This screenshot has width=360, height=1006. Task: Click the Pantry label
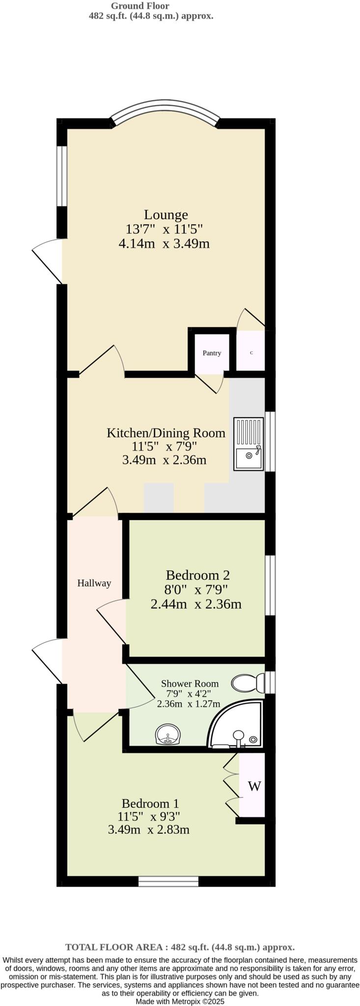point(212,353)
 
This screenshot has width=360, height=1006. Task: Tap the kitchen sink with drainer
point(249,444)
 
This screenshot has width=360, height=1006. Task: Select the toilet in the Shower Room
point(248,683)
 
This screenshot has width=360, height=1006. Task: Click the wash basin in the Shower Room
point(168,735)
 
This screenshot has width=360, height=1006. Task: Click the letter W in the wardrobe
point(254,786)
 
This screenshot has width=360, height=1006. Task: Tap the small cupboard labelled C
point(251,353)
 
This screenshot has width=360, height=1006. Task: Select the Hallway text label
point(94,583)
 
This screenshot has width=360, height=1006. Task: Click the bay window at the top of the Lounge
point(166,110)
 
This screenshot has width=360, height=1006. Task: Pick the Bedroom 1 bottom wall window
point(168,881)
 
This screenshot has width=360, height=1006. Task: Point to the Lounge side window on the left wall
point(61,176)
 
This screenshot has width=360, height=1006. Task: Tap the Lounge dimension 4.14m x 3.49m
point(164,243)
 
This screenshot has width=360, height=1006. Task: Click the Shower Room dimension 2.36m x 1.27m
point(189,704)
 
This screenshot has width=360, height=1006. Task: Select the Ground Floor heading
point(140,6)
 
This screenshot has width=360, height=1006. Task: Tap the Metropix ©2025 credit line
point(180,1001)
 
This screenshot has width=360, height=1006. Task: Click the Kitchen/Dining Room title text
point(166,433)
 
